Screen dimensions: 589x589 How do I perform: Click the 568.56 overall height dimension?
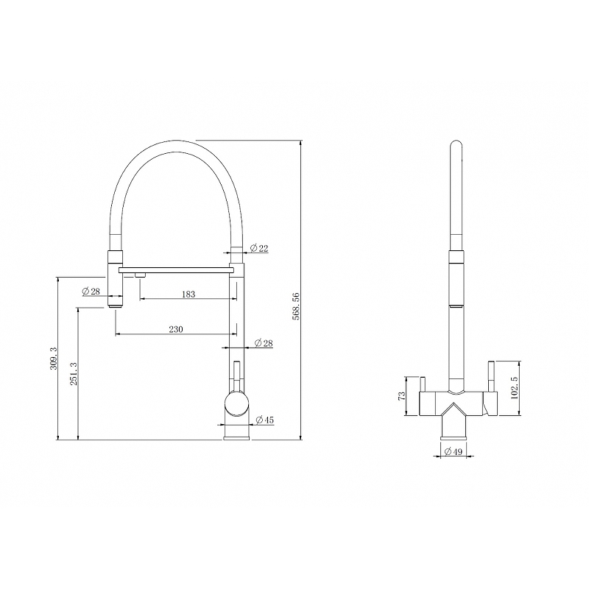(x=297, y=306)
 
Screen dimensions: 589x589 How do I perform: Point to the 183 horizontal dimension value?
(x=188, y=294)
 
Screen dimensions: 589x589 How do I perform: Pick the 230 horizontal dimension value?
(x=176, y=329)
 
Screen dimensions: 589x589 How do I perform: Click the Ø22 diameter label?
(x=258, y=249)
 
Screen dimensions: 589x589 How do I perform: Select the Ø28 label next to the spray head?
(x=91, y=292)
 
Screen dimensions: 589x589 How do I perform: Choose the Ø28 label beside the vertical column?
(x=263, y=344)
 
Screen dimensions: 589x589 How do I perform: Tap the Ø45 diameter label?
(x=264, y=420)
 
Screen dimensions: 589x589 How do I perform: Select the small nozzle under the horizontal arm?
(x=140, y=275)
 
